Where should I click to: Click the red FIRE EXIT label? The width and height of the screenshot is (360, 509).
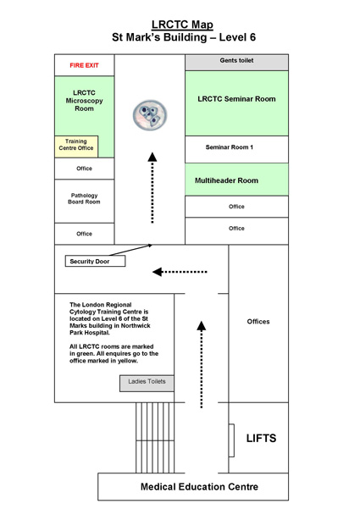pos(84,65)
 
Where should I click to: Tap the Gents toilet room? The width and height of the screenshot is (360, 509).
pos(236,63)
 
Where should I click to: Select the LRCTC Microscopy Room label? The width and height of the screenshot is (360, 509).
pos(84,101)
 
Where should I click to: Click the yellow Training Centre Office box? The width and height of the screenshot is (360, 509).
pos(76,147)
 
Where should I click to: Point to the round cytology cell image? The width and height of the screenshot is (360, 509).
pos(150,115)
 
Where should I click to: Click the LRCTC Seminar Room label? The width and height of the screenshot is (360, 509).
pos(236,99)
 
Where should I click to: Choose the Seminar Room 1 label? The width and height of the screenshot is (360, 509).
pos(230,147)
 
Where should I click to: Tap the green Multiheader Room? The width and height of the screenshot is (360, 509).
pos(236,180)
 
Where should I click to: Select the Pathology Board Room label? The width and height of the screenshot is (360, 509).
pos(84,198)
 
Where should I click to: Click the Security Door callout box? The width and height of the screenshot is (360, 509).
pos(95,262)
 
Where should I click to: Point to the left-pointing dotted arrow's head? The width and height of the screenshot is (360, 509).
pos(157,272)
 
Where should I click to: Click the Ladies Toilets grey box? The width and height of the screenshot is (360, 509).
pos(147,384)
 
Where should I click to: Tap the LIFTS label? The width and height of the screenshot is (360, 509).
pos(261,438)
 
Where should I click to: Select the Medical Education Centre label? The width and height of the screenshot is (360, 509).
pos(199,487)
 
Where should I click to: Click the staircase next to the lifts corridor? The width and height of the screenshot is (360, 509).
pos(155,438)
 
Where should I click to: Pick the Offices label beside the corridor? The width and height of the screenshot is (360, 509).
pos(258,321)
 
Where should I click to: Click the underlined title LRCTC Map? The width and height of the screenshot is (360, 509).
pos(182,25)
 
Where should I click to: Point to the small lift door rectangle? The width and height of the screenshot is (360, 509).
pos(231,440)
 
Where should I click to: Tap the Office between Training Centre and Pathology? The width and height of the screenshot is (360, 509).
pos(85,169)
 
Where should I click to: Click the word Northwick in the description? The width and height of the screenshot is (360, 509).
pos(136,325)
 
